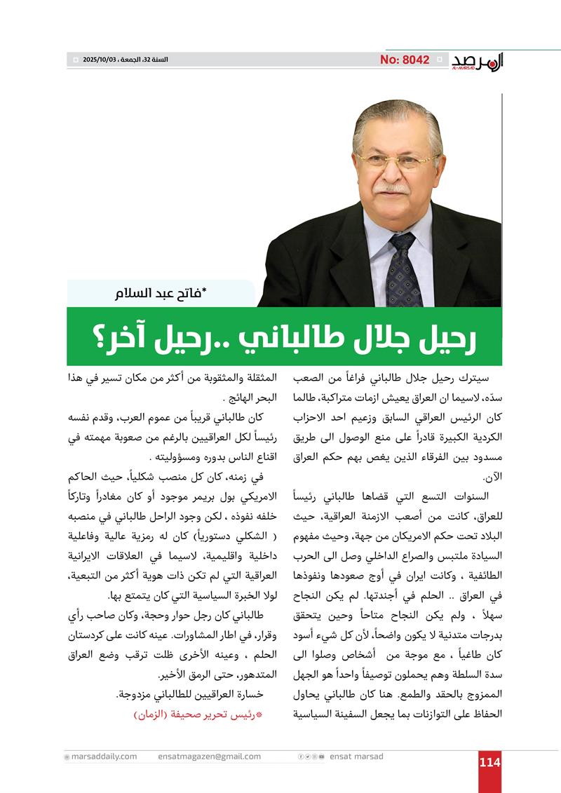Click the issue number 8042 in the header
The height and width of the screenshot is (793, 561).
coord(405,60)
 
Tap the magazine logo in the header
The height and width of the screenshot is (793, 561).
coord(477,62)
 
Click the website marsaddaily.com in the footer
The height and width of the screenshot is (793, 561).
coord(104,757)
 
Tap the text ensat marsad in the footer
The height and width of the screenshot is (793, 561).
coord(356,757)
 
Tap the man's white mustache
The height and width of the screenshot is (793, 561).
coord(393,188)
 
